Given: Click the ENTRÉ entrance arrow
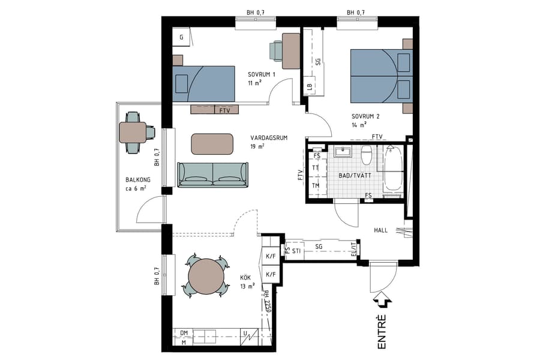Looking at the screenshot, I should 382,300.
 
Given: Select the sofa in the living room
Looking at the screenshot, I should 212,175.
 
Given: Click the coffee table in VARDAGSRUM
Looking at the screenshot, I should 212,144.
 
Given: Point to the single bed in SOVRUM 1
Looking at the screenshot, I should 203,84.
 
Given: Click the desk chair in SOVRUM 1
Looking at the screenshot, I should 275,50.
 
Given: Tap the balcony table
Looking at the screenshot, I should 133,132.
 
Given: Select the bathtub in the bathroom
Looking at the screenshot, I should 393,170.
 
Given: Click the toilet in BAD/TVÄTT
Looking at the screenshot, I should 367,155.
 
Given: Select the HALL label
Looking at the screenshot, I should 381,230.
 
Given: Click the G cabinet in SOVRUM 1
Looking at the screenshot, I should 181,37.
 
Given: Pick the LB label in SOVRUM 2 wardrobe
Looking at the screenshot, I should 309,86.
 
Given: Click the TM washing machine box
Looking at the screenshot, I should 316,185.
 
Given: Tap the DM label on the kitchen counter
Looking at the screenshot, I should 184,332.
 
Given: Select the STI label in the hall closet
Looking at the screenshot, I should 296,250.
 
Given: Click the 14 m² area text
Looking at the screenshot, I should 358,125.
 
